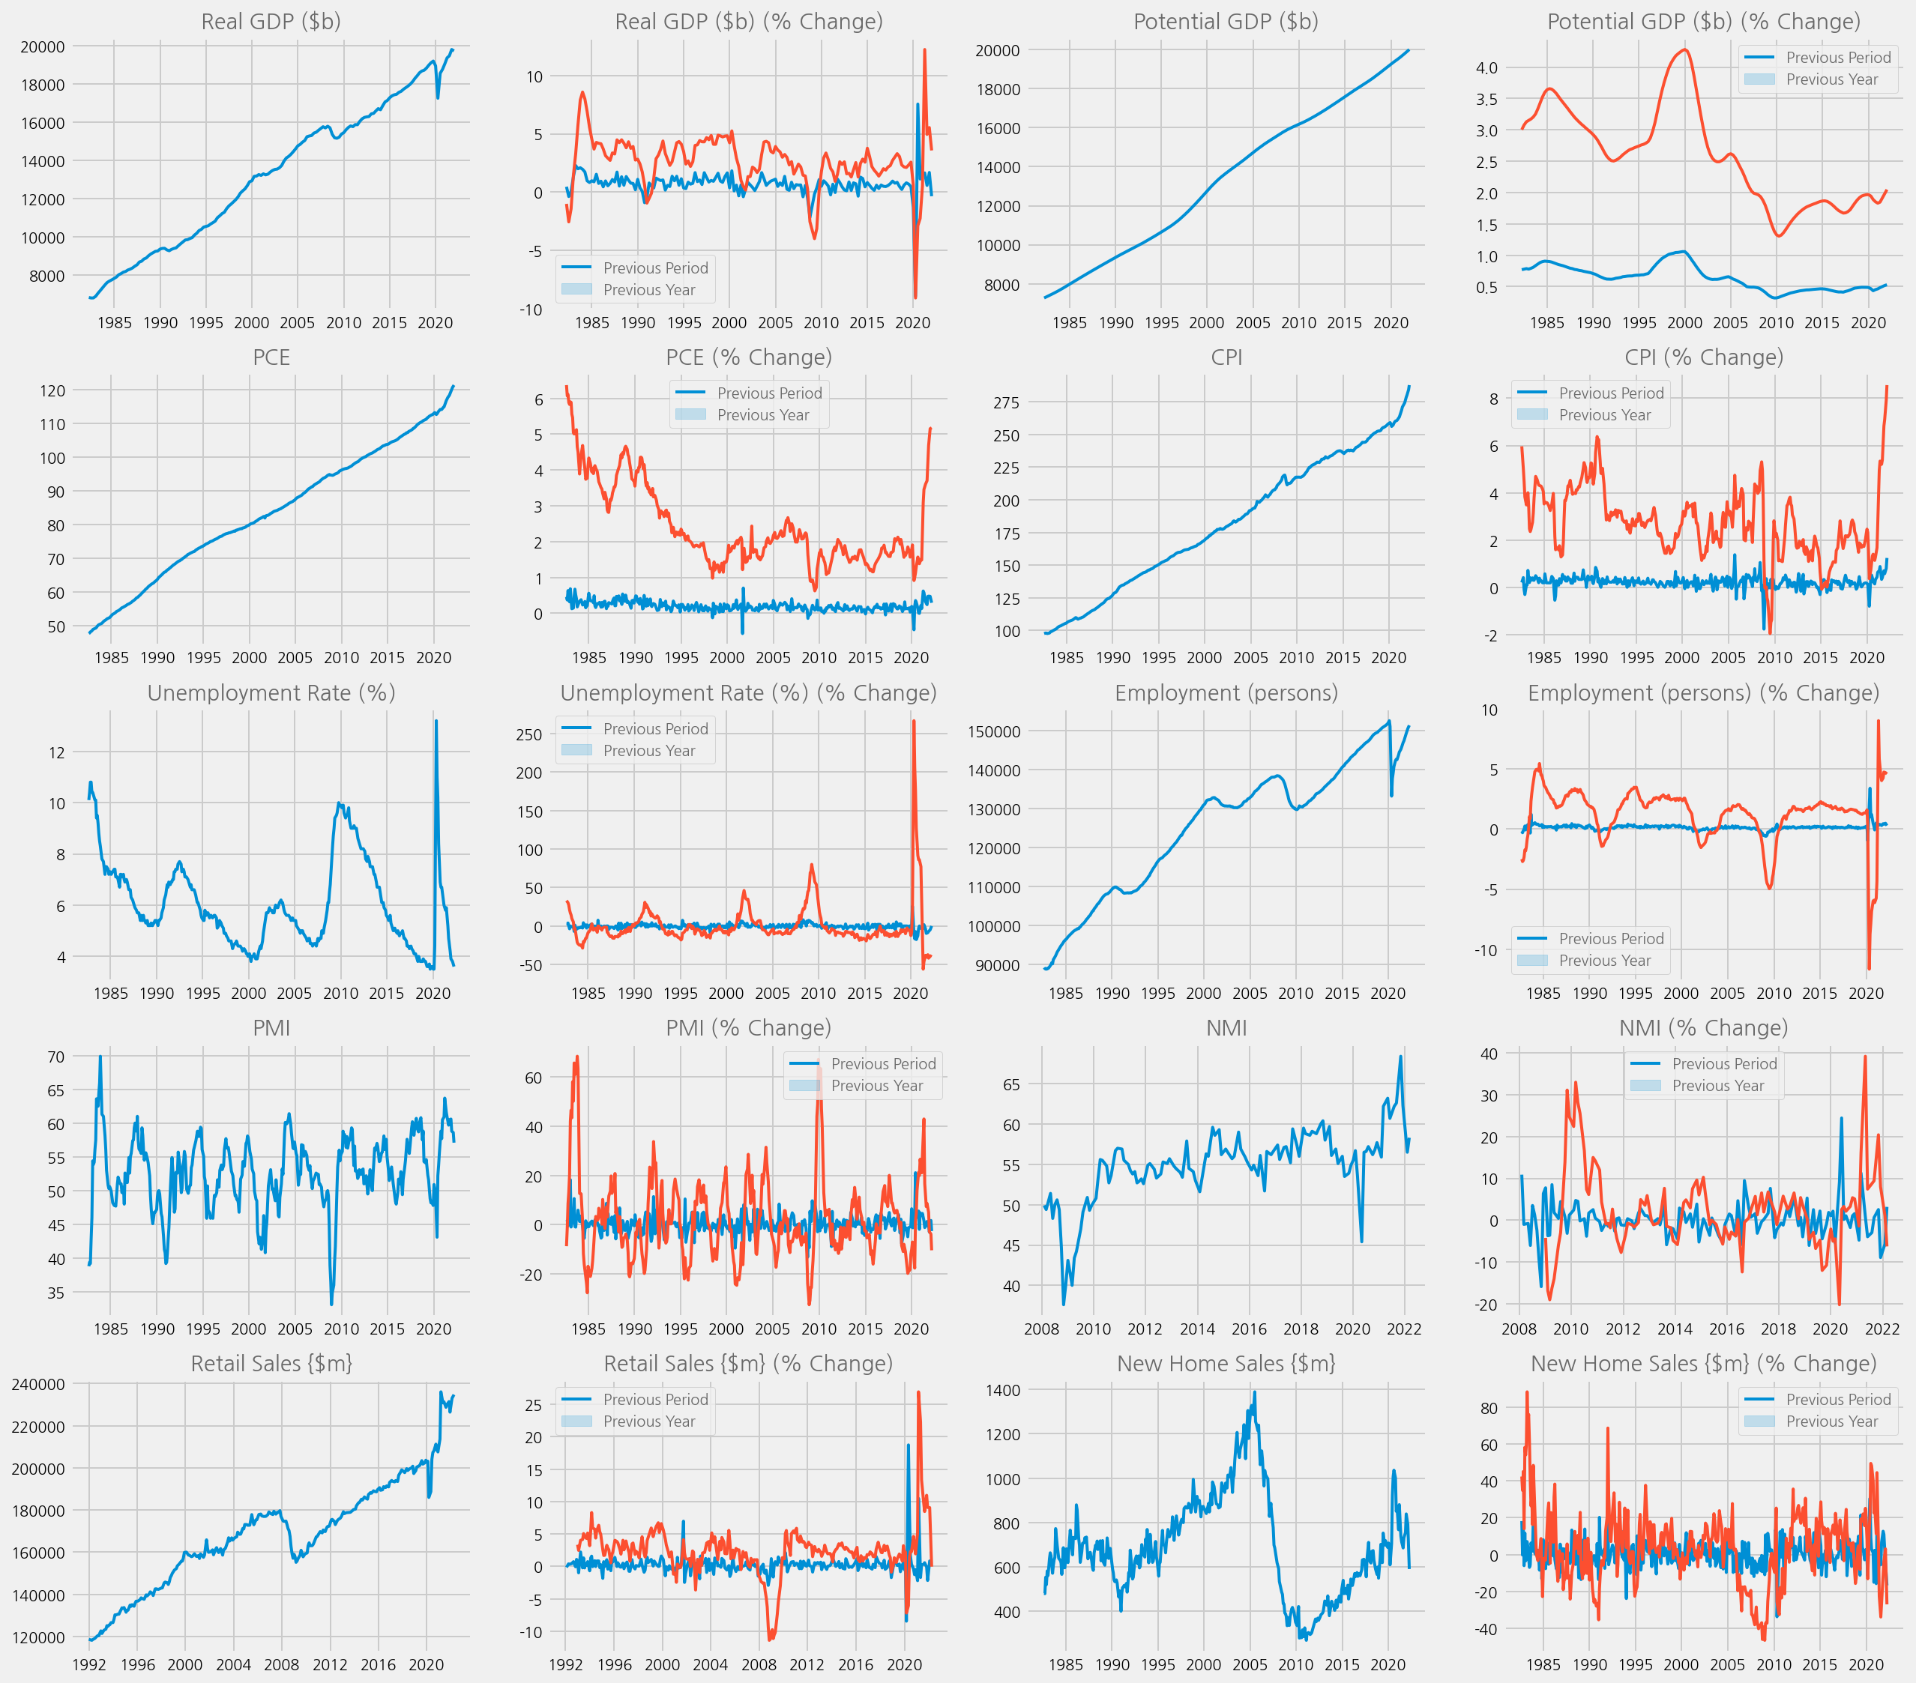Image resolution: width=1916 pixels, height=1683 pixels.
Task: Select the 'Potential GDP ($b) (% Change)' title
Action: coord(1703,22)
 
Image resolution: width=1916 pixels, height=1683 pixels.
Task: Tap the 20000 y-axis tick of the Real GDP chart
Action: coord(43,47)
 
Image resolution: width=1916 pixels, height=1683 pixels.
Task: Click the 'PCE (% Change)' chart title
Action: coord(748,357)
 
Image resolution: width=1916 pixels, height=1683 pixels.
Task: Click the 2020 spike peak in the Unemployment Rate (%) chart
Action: coord(436,721)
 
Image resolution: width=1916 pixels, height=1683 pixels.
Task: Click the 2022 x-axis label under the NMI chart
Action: coord(1403,1329)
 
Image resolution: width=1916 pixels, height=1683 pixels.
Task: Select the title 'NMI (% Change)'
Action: coord(1703,1028)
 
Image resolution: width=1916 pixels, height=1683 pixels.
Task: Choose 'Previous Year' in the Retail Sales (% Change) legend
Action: coord(648,1421)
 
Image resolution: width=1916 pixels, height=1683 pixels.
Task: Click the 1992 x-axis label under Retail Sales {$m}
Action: coord(89,1664)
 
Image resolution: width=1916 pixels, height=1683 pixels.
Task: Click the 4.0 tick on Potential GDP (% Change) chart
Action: coord(1486,67)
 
